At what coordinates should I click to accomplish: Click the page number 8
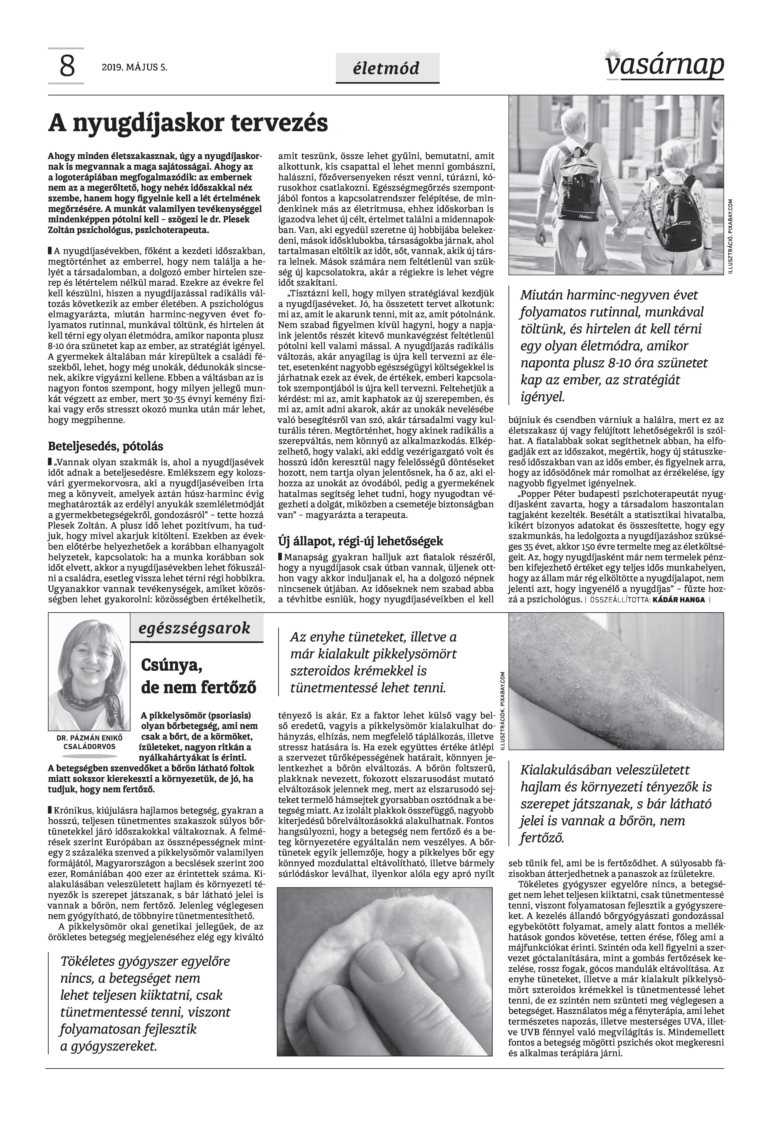pyautogui.click(x=67, y=67)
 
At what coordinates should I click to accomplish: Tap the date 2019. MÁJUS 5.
pyautogui.click(x=134, y=68)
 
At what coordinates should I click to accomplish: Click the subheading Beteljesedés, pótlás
pyautogui.click(x=105, y=446)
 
